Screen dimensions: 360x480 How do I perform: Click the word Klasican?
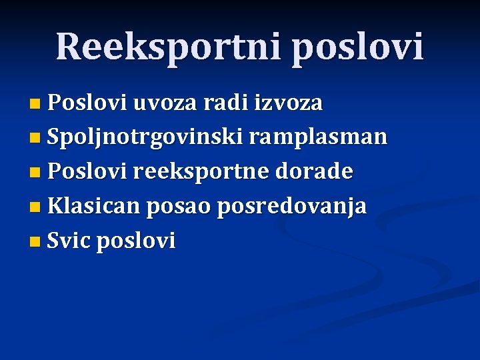(x=93, y=207)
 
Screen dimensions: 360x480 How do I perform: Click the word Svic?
(x=69, y=241)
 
